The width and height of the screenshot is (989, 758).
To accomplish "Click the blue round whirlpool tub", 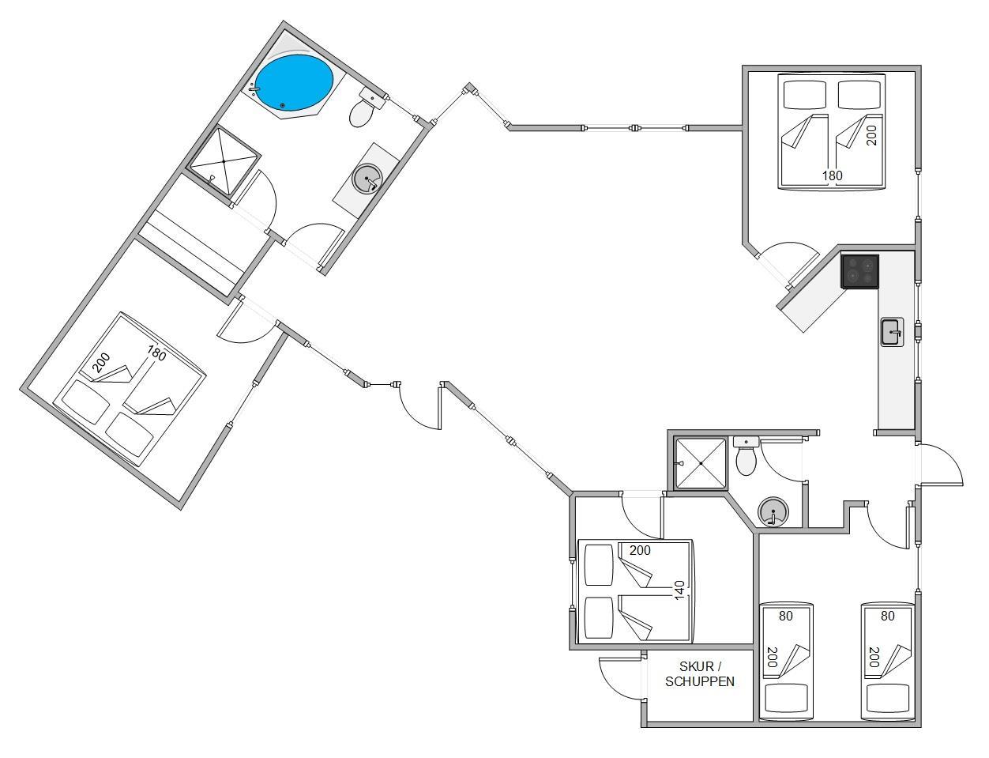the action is (294, 82).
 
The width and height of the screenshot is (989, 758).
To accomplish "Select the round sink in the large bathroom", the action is (367, 178).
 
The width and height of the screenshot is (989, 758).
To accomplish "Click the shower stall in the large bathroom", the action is (224, 161).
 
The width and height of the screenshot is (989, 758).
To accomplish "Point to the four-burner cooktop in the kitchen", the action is (859, 271).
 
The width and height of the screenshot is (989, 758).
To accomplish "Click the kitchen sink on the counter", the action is (892, 332).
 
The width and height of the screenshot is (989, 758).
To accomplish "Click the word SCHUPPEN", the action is (700, 681).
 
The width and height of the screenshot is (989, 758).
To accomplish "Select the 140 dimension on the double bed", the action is (679, 590).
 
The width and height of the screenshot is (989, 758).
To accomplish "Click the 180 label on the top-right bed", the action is (833, 175).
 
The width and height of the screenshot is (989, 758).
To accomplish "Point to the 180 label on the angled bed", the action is (156, 353).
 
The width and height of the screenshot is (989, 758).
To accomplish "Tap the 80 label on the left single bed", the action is (785, 616).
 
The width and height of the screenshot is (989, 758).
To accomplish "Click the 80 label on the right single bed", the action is (888, 616).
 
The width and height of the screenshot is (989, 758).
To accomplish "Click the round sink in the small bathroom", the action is (773, 511).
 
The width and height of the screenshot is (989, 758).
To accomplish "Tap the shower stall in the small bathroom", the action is (701, 463).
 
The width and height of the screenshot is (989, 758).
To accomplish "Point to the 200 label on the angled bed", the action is (101, 362).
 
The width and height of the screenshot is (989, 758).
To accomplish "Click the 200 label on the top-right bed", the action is (871, 135).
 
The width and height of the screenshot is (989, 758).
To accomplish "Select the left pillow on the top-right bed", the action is (805, 95).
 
